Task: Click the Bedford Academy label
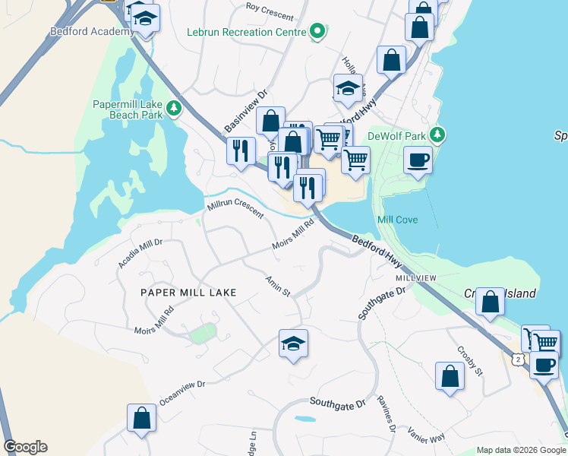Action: coord(81,32)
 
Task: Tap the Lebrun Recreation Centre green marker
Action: coord(319,32)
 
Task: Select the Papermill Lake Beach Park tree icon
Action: coord(175,109)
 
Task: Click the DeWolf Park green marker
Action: coord(437,136)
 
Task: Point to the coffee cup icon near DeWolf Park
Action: coord(417,161)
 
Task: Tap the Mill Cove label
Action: coord(397,220)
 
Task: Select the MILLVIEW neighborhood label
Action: coord(415,278)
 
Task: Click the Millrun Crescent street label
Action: coord(235,207)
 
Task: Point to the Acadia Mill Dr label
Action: coord(140,253)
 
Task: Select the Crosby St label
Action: coord(470,360)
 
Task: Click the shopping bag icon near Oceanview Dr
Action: coord(141,417)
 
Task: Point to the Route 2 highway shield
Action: coord(517,357)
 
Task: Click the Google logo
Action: coord(25,447)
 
